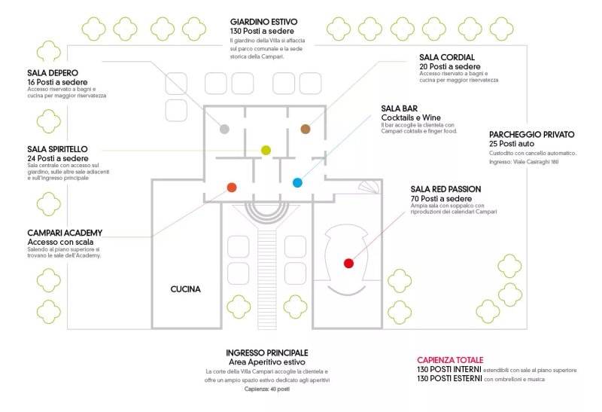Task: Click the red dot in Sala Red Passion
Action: point(348,264)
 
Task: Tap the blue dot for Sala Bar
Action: point(297,182)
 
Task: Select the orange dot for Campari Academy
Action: point(232,188)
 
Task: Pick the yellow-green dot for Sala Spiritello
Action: point(266,150)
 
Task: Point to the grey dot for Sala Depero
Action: point(224,129)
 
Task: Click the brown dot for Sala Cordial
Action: point(306,129)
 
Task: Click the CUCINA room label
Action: point(185,289)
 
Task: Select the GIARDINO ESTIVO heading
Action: point(264,22)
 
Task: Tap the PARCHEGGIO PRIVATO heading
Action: point(532,135)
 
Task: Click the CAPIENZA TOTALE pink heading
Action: point(450,360)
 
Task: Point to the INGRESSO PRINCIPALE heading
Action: point(267,352)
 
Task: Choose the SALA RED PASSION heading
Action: point(445,189)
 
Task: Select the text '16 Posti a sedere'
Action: point(57,82)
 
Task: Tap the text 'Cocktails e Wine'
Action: point(411,117)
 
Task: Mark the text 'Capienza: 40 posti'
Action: point(267,389)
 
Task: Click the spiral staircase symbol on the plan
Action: point(369,187)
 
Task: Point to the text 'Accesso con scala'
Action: point(60,242)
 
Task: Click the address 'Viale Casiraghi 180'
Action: point(536,162)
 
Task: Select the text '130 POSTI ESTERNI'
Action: point(449,379)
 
